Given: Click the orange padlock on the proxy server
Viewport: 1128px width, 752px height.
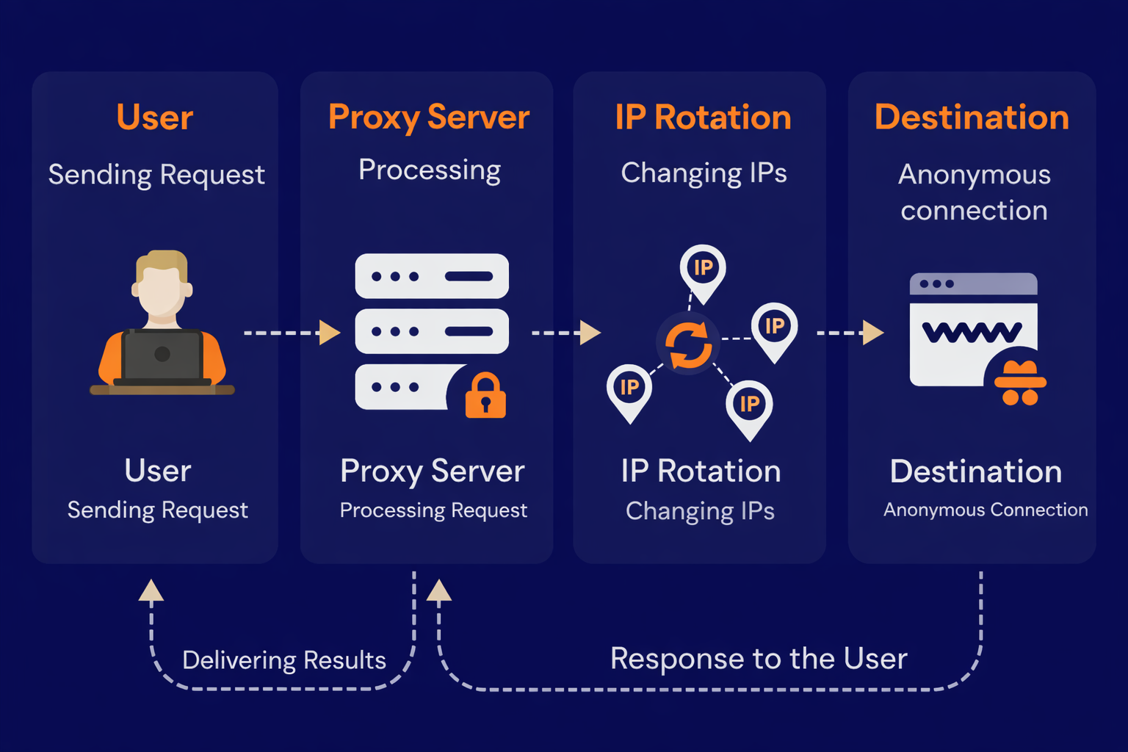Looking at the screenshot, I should click(x=485, y=396).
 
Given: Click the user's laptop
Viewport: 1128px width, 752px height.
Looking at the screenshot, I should click(x=162, y=356).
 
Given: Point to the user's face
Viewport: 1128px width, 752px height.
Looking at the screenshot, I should click(x=161, y=291).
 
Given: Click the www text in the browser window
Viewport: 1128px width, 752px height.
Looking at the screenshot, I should click(x=971, y=333).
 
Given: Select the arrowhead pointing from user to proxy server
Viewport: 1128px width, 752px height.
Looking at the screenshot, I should click(x=330, y=333).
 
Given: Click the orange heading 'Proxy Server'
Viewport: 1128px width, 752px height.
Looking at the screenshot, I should click(x=429, y=117).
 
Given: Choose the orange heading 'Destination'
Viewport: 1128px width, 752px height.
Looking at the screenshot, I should click(x=972, y=117).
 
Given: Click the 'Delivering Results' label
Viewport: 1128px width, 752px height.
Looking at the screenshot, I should click(x=284, y=660).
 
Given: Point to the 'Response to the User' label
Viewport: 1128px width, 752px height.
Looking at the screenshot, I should click(x=759, y=659).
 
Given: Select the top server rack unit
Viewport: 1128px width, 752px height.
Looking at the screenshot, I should click(x=432, y=276).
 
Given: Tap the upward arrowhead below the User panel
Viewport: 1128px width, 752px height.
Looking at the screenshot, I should click(x=151, y=590).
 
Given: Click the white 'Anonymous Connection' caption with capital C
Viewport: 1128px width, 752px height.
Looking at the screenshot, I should click(x=986, y=510).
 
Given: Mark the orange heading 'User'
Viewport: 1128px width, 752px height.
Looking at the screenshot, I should click(x=155, y=117).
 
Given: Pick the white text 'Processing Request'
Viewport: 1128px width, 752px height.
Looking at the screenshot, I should click(x=433, y=510).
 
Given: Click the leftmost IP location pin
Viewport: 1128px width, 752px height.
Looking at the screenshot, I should click(x=629, y=390).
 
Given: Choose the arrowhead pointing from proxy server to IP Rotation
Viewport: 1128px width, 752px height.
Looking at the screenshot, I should click(x=590, y=333).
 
